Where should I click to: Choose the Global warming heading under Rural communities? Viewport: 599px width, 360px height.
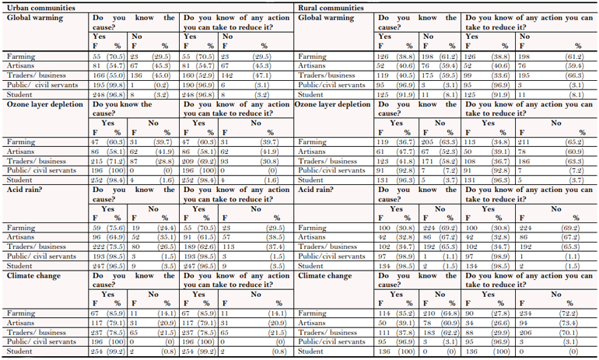(328, 16)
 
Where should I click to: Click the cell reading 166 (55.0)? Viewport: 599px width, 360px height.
(108, 75)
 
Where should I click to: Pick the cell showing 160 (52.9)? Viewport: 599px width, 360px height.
(196, 75)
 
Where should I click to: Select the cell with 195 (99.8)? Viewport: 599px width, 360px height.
(108, 84)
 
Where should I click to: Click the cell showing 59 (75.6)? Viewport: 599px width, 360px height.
(108, 228)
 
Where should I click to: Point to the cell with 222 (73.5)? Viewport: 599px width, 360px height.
(108, 245)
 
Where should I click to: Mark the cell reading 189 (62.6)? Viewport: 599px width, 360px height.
(196, 245)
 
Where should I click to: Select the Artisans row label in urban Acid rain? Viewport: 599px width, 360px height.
(18, 236)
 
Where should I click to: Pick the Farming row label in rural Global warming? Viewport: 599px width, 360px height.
(311, 58)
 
